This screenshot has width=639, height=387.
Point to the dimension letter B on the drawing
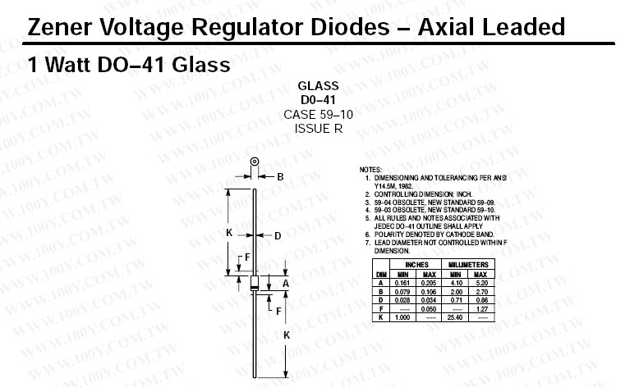280,177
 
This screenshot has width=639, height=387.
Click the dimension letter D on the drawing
278,235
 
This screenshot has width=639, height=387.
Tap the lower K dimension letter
285,335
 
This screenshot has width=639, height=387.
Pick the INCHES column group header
416,265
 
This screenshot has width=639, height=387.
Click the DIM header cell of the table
381,273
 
